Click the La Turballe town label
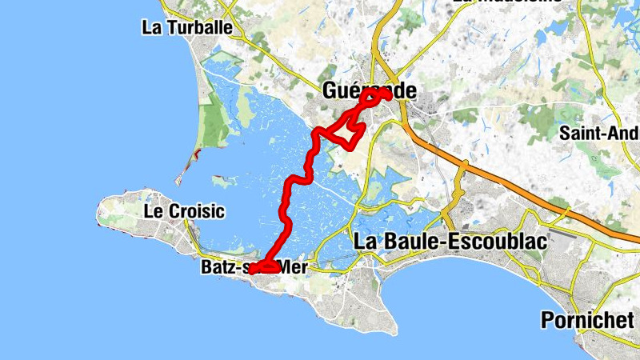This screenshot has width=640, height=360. [x=186, y=27]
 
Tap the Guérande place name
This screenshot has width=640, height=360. [x=370, y=91]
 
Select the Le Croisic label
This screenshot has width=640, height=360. [x=184, y=212]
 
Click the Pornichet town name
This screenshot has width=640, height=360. [x=587, y=320]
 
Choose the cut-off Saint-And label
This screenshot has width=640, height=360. [x=599, y=132]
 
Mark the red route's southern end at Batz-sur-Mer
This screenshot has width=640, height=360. [x=254, y=270]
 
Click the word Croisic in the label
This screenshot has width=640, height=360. [x=195, y=212]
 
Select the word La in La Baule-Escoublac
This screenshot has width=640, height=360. [x=366, y=240]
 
